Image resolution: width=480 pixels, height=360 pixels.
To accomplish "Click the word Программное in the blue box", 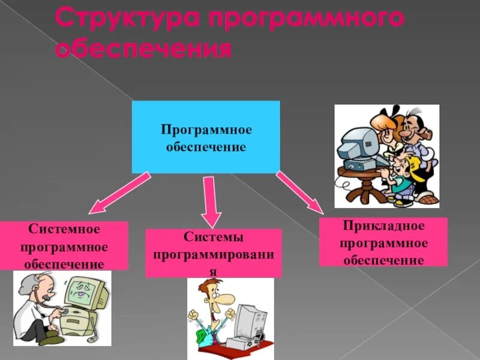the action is coord(206,130).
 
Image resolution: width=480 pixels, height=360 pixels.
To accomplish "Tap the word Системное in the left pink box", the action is coord(64,230).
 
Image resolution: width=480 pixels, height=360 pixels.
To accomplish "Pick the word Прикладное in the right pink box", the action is coord(384,226).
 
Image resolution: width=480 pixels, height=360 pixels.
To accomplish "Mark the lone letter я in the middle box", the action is coord(214,271).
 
